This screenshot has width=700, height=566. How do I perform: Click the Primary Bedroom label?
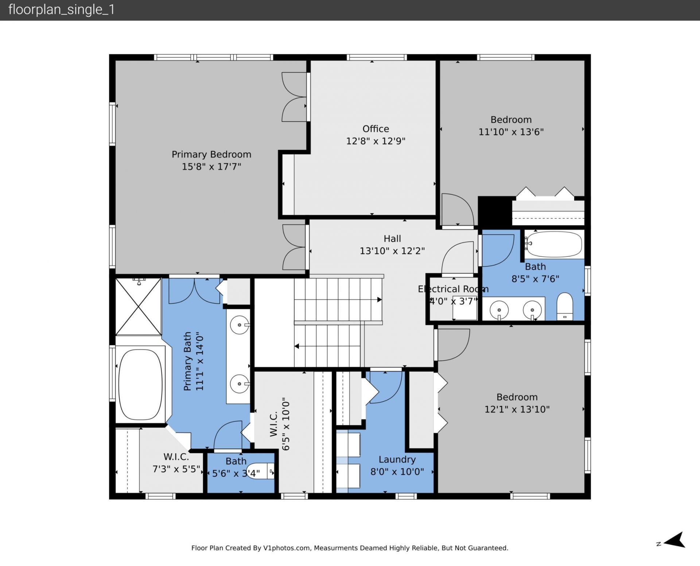(x=211, y=154)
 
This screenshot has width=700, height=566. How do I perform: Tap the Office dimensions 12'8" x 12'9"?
(x=376, y=141)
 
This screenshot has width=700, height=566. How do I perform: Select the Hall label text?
(x=392, y=239)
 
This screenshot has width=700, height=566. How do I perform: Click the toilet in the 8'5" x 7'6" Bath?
(x=565, y=306)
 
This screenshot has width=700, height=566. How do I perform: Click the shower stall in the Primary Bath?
(x=138, y=306)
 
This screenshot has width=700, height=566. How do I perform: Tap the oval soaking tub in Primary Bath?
(x=140, y=385)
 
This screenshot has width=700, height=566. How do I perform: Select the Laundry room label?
(x=397, y=460)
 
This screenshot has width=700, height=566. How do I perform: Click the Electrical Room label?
(x=453, y=289)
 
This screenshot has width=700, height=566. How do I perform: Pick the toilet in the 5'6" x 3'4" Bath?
(x=260, y=471)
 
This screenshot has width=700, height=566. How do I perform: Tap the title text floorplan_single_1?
(x=61, y=9)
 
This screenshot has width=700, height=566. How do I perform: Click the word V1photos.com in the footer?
(x=287, y=548)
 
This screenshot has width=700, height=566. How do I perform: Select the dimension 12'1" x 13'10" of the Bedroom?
(x=517, y=409)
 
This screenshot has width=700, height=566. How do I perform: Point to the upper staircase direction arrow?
(x=379, y=299)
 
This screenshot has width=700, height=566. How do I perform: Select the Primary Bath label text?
(x=187, y=361)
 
